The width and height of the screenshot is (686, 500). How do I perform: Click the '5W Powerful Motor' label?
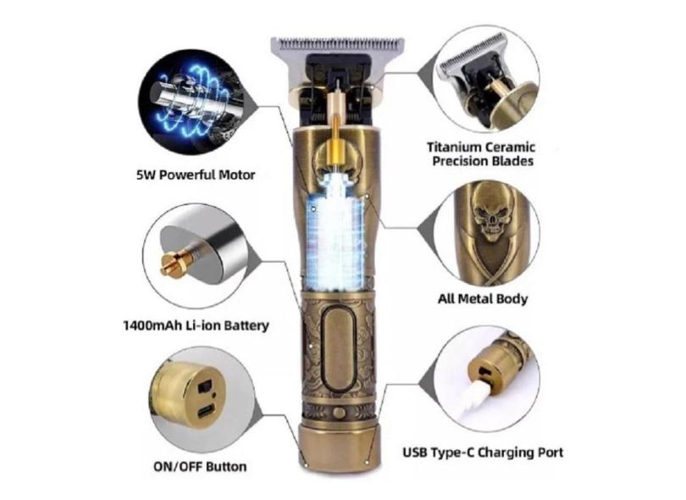click(196, 175)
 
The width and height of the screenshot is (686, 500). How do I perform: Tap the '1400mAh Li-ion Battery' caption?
click(196, 325)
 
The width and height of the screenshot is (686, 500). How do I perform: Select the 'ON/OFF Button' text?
click(200, 467)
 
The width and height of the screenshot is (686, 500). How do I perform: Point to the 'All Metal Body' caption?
click(483, 299)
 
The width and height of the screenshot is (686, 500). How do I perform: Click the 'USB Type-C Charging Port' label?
click(483, 453)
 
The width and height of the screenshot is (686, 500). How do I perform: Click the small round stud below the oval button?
click(339, 413)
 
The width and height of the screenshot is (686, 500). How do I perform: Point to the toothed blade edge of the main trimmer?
click(338, 44)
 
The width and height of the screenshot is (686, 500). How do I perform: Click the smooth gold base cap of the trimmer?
click(337, 446)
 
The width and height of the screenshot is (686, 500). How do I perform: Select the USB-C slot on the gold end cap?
click(206, 412)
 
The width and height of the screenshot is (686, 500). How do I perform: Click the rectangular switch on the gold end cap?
click(204, 387)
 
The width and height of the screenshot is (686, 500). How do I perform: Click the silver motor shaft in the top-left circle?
click(188, 99)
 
